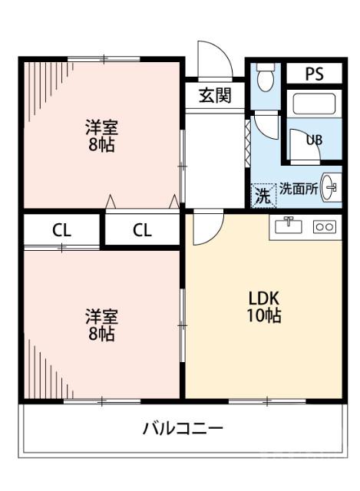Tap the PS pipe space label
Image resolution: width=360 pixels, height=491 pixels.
314,74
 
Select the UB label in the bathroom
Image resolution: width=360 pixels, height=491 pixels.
315,140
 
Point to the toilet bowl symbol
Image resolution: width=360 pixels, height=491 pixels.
266,77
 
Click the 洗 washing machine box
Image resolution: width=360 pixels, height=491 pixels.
263,195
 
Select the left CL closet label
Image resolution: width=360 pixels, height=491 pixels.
62,229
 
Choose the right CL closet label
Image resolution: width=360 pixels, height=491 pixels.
143,229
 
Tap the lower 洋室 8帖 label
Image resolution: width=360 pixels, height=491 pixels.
101,325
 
